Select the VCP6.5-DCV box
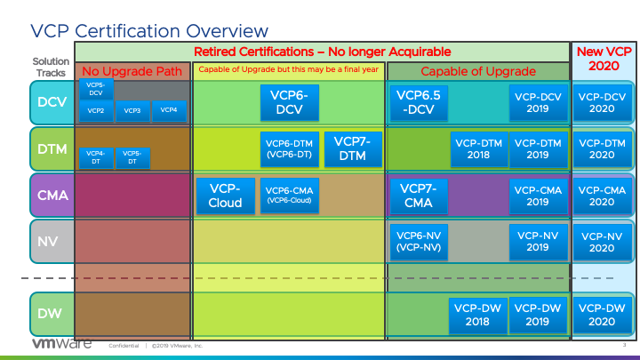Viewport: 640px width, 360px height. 418,102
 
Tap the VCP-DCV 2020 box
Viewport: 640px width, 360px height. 602,102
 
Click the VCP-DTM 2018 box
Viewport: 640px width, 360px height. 478,148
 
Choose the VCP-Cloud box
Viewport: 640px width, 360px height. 225,195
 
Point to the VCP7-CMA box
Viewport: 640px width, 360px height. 418,195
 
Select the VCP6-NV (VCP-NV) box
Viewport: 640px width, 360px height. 418,240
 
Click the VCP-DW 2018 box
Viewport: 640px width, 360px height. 478,315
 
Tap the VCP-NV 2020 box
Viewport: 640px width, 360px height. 602,240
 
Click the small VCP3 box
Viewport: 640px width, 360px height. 132,111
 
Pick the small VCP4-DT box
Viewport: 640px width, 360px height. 96,157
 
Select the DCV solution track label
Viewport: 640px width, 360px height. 51,102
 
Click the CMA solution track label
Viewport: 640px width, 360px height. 51,195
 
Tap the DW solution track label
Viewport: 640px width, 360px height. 51,315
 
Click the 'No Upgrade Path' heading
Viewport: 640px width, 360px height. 132,71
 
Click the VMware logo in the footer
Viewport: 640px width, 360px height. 62,345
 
